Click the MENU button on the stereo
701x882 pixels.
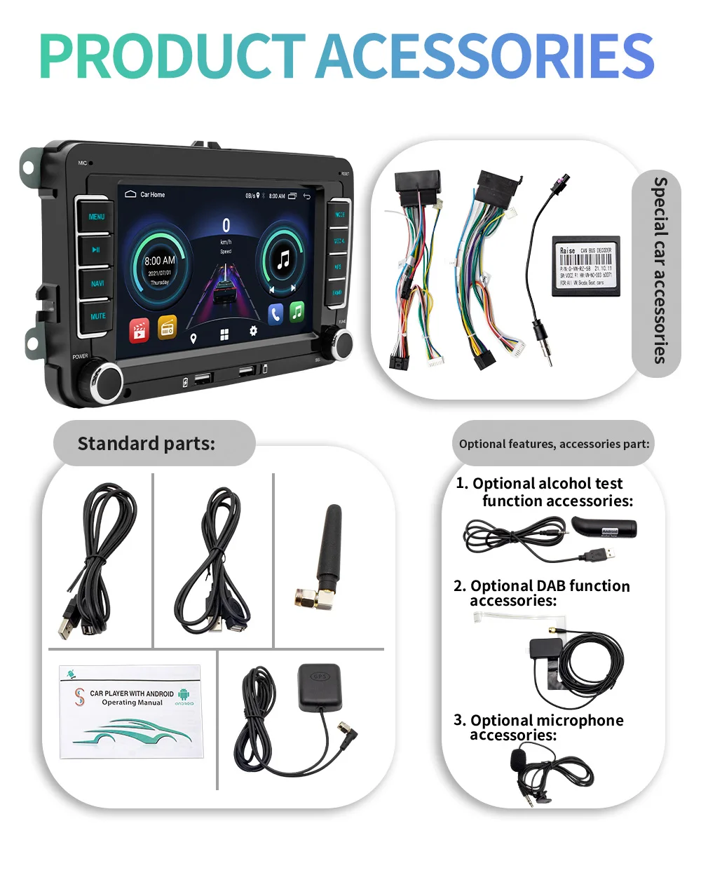(x=96, y=217)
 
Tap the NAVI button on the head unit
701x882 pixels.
(x=97, y=283)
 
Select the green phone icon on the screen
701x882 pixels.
(x=297, y=311)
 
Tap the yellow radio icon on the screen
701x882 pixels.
(x=167, y=327)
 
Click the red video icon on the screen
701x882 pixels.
(x=139, y=330)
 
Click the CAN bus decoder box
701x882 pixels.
(x=585, y=266)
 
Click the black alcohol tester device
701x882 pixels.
(x=604, y=527)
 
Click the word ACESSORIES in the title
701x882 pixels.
(x=485, y=56)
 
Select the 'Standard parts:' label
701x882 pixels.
(x=146, y=443)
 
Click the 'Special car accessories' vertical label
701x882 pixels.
(x=658, y=270)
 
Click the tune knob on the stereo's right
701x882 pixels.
(x=341, y=343)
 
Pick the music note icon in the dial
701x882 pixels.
(x=283, y=260)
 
